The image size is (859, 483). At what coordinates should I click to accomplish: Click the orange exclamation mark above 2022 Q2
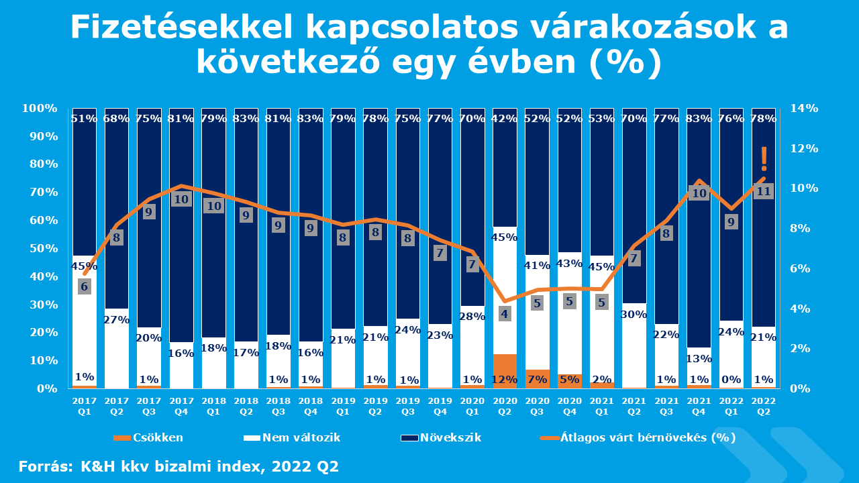(764, 158)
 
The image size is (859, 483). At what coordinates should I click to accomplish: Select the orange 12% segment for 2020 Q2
(505, 371)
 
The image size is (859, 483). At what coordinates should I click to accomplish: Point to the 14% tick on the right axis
(803, 109)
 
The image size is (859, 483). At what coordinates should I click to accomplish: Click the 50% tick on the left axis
(40, 249)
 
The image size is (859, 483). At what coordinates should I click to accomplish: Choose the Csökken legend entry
(149, 438)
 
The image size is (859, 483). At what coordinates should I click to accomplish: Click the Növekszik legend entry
(441, 438)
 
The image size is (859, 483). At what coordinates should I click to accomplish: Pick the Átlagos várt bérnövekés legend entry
(638, 438)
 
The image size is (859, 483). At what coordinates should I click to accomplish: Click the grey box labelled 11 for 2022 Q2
(764, 191)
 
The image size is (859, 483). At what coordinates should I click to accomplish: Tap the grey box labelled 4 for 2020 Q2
(505, 314)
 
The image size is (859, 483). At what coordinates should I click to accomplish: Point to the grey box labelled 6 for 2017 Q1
(85, 287)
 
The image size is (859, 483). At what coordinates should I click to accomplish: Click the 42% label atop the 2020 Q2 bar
(505, 119)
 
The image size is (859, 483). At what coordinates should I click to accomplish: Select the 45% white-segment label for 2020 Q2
(505, 237)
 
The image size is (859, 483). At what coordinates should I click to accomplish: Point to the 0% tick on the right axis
(801, 389)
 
